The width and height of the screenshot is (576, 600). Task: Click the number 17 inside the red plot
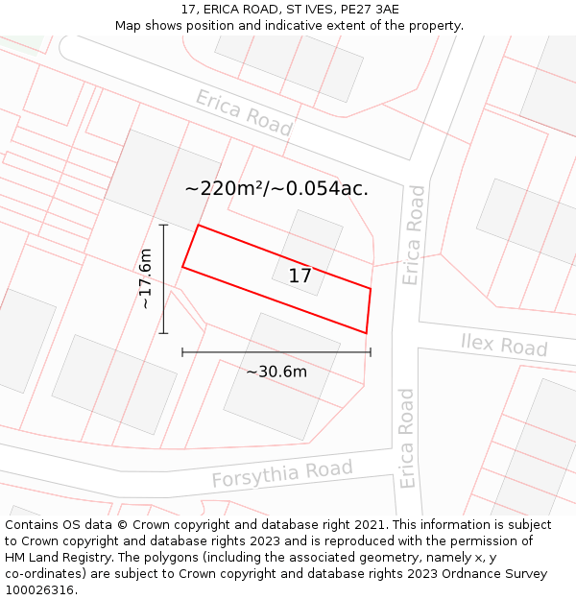[x=300, y=276]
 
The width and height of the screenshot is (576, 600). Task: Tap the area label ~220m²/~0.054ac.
[x=276, y=189]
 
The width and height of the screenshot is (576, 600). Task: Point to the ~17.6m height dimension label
[x=145, y=278]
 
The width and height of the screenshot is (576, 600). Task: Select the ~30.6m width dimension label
[x=276, y=372]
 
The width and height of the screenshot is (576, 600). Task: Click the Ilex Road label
[x=504, y=344]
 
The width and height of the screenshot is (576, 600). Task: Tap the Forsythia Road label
[x=281, y=474]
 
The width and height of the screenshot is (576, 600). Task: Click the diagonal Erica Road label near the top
[x=244, y=112]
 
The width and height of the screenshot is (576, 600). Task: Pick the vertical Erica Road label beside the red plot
[x=413, y=235]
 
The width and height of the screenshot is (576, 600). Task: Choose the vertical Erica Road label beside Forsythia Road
[x=407, y=438]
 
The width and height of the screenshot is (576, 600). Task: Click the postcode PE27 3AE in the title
[x=367, y=10]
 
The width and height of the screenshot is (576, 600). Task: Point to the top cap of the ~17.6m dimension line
[x=163, y=226]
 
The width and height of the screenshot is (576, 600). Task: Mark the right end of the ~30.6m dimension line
[x=371, y=352]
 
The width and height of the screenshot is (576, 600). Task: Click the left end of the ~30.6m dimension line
[x=182, y=352]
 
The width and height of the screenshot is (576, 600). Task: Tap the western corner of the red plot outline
[x=182, y=267]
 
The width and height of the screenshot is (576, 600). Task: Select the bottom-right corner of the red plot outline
[x=366, y=333]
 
